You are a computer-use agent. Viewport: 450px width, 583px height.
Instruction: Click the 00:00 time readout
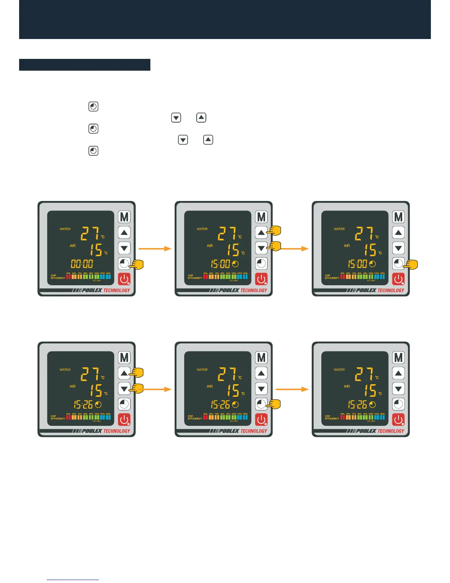coord(82,264)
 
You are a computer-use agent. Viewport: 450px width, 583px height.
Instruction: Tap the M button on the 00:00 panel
coord(124,217)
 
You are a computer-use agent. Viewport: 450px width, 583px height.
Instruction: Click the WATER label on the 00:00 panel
coord(65,229)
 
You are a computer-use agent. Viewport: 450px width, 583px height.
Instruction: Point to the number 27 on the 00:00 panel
coord(90,233)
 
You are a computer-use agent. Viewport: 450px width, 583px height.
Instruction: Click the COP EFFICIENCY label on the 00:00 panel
coord(58,277)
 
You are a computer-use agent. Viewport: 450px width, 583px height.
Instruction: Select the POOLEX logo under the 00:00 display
coord(92,290)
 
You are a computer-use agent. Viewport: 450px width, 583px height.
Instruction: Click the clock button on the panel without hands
coord(399,404)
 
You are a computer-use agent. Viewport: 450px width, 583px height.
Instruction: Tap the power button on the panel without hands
coord(399,420)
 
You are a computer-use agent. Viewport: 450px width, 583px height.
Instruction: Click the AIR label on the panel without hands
coord(347,386)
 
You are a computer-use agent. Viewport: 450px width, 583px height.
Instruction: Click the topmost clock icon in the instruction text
coord(93,107)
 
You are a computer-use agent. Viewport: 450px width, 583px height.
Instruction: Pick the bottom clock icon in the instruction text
coord(93,151)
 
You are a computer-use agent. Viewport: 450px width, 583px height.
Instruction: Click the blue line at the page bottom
coord(73,580)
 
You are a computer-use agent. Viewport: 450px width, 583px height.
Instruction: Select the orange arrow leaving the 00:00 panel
coord(155,249)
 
